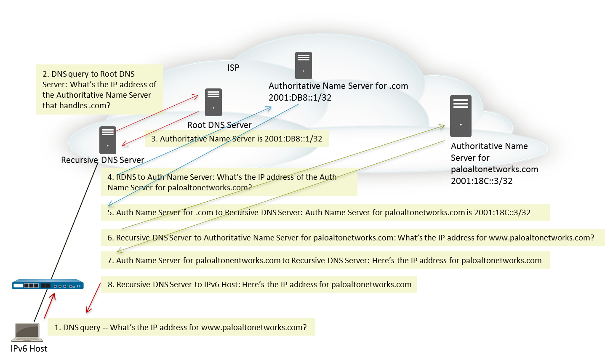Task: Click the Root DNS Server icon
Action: click(213, 102)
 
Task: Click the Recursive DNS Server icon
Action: click(107, 140)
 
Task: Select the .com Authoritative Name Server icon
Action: click(303, 65)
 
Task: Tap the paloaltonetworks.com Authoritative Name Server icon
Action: click(461, 116)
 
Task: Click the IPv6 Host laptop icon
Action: click(27, 332)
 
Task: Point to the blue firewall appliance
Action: click(48, 285)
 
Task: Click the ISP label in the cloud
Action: click(233, 68)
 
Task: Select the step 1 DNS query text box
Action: click(181, 327)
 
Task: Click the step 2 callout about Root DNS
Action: click(99, 89)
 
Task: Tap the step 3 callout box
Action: click(237, 139)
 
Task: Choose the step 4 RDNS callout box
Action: click(229, 182)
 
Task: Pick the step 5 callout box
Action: click(325, 212)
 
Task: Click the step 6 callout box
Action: click(353, 237)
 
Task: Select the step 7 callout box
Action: click(325, 260)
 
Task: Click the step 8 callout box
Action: click(259, 284)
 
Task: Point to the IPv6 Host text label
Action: click(29, 349)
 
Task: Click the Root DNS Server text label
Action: click(219, 125)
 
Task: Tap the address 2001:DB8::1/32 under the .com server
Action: click(300, 98)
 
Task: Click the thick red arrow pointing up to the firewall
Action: click(50, 306)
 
